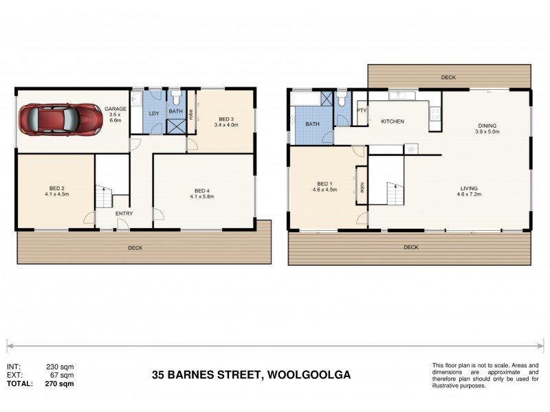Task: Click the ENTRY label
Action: click(x=124, y=214)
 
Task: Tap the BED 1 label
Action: click(x=324, y=184)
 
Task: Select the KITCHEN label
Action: click(x=393, y=122)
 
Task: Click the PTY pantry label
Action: click(x=361, y=110)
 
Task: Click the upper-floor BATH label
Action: click(x=312, y=124)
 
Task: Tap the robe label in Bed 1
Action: click(x=362, y=186)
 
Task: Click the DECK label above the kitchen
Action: click(x=448, y=78)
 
